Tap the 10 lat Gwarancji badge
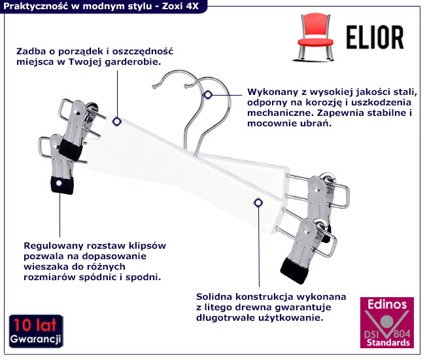click(x=35, y=332)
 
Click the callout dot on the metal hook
click(x=208, y=95)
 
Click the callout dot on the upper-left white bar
click(x=117, y=121)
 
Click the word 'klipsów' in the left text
click(x=149, y=245)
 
